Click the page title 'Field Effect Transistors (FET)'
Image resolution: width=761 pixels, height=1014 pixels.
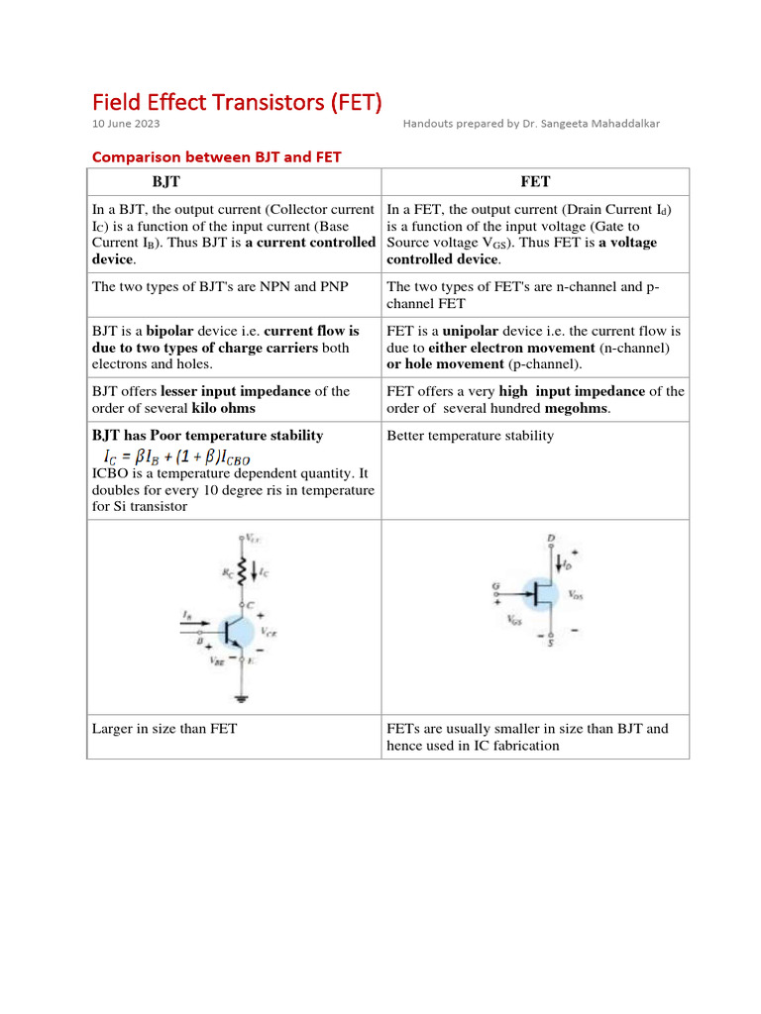[x=237, y=102]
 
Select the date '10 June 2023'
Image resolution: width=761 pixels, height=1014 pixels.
[x=126, y=124]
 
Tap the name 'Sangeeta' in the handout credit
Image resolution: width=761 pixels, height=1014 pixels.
[x=559, y=124]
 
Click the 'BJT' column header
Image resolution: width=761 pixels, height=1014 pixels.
[x=166, y=182]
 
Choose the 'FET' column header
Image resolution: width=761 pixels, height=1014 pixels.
[x=535, y=182]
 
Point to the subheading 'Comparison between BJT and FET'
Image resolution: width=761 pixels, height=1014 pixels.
[x=216, y=156]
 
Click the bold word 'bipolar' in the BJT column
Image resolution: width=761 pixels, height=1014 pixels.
[x=170, y=331]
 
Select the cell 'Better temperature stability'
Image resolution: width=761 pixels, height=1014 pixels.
[x=471, y=436]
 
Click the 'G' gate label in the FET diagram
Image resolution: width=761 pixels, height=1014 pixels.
[x=496, y=587]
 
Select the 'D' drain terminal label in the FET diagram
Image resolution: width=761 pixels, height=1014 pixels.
[x=551, y=539]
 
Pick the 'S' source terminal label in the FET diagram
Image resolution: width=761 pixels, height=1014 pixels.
[x=551, y=644]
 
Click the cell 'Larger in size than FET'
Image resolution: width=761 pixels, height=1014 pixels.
[x=164, y=729]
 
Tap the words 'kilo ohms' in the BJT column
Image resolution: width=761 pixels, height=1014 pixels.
[x=223, y=408]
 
